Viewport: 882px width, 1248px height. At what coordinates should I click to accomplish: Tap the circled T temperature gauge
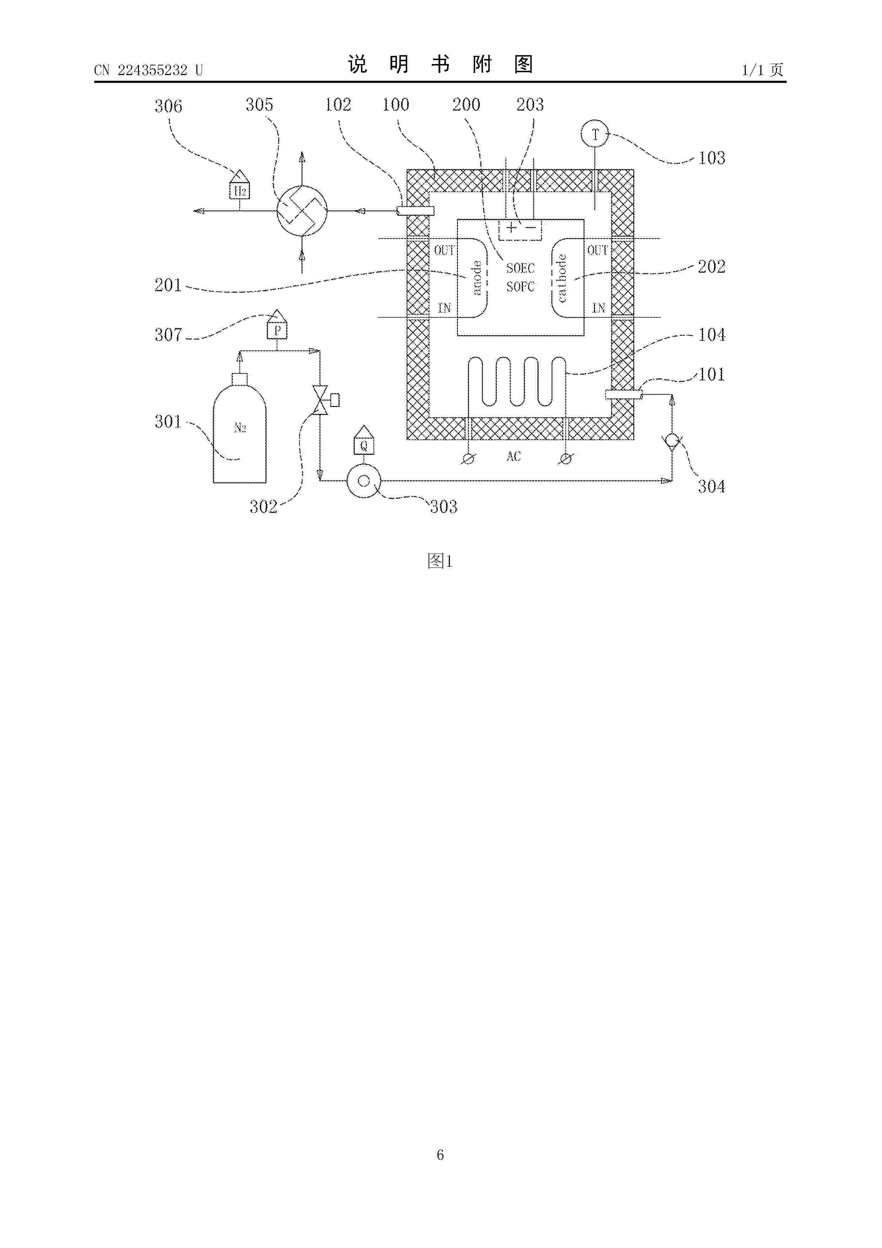pos(595,134)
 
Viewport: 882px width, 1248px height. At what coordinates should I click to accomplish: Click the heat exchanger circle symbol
pos(302,211)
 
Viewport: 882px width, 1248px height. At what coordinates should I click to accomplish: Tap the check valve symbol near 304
pos(672,440)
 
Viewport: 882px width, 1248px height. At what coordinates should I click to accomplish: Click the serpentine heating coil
pos(517,382)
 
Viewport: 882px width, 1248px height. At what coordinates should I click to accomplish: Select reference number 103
pos(711,158)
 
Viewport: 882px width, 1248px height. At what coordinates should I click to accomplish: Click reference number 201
pos(168,285)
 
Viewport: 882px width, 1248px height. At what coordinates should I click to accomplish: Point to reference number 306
pos(169,106)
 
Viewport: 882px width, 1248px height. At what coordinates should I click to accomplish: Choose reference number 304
pos(711,486)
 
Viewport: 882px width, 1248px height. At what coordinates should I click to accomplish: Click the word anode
pos(477,278)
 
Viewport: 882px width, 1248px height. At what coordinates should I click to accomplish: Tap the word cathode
pos(562,278)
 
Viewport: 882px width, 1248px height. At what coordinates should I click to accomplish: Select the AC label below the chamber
pos(514,456)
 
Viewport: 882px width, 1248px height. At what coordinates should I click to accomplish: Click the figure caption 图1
pos(440,561)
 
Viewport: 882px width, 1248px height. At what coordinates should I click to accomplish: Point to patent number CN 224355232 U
pos(148,70)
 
